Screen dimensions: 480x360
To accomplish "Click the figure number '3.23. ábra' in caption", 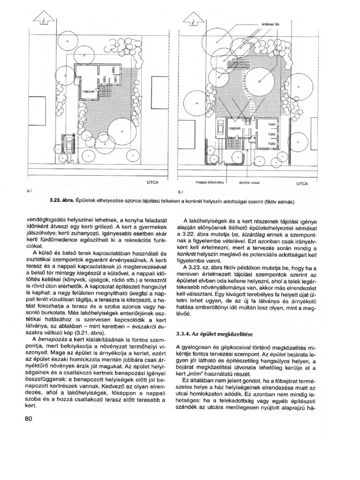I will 60,202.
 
